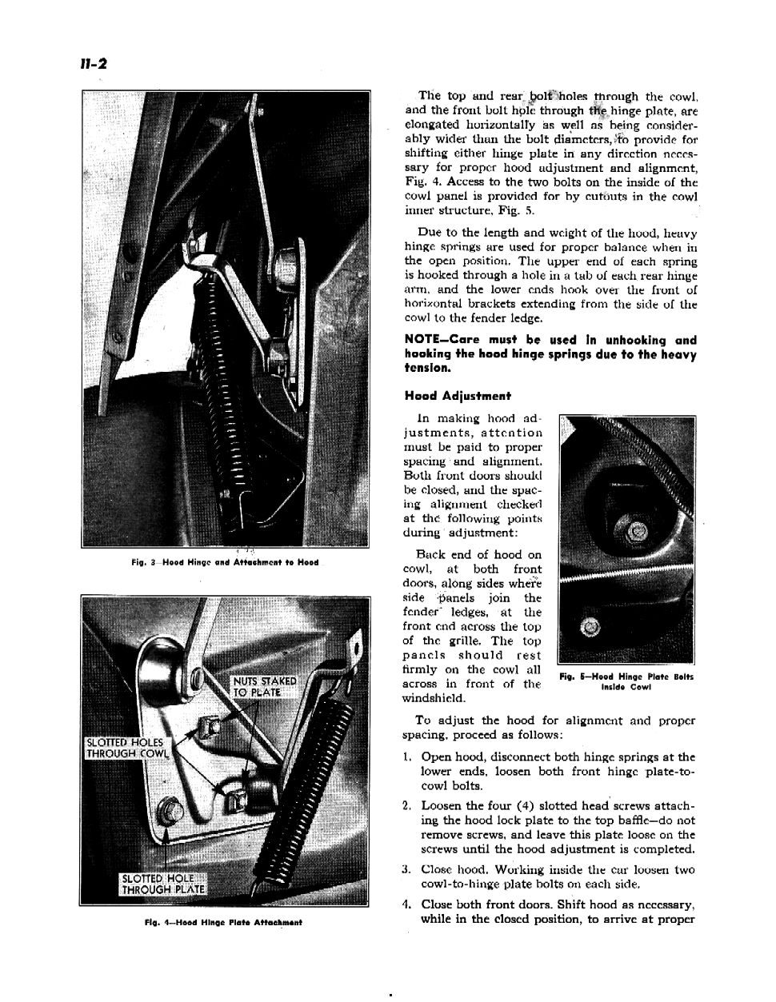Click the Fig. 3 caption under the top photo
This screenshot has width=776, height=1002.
click(225, 562)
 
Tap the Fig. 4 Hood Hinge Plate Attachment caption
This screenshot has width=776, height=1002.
click(222, 922)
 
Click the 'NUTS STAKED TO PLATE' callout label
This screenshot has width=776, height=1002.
click(264, 687)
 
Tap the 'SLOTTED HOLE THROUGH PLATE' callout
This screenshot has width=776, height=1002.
click(163, 884)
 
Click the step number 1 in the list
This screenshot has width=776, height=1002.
click(408, 756)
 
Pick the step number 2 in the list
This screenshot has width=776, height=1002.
click(408, 806)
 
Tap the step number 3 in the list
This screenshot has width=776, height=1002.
click(408, 870)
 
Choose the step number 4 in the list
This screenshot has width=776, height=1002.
click(408, 905)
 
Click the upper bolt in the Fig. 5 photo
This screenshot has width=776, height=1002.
click(638, 531)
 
